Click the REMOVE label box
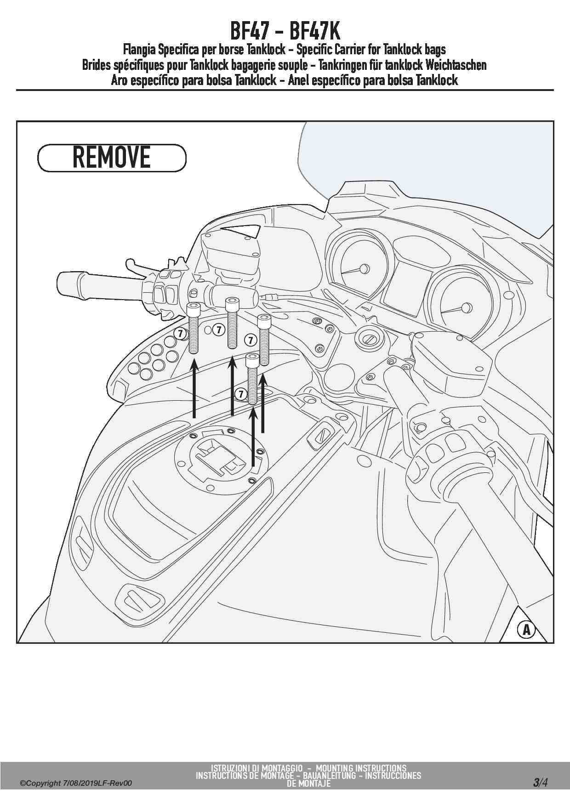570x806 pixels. (112, 158)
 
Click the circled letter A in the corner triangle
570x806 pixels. (526, 629)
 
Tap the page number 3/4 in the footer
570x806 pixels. (540, 782)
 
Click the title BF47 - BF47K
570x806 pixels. (285, 31)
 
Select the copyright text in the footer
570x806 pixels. (76, 783)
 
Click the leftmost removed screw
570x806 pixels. (193, 328)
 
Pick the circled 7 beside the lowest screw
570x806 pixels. (240, 394)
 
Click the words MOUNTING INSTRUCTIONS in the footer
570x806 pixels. (361, 768)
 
